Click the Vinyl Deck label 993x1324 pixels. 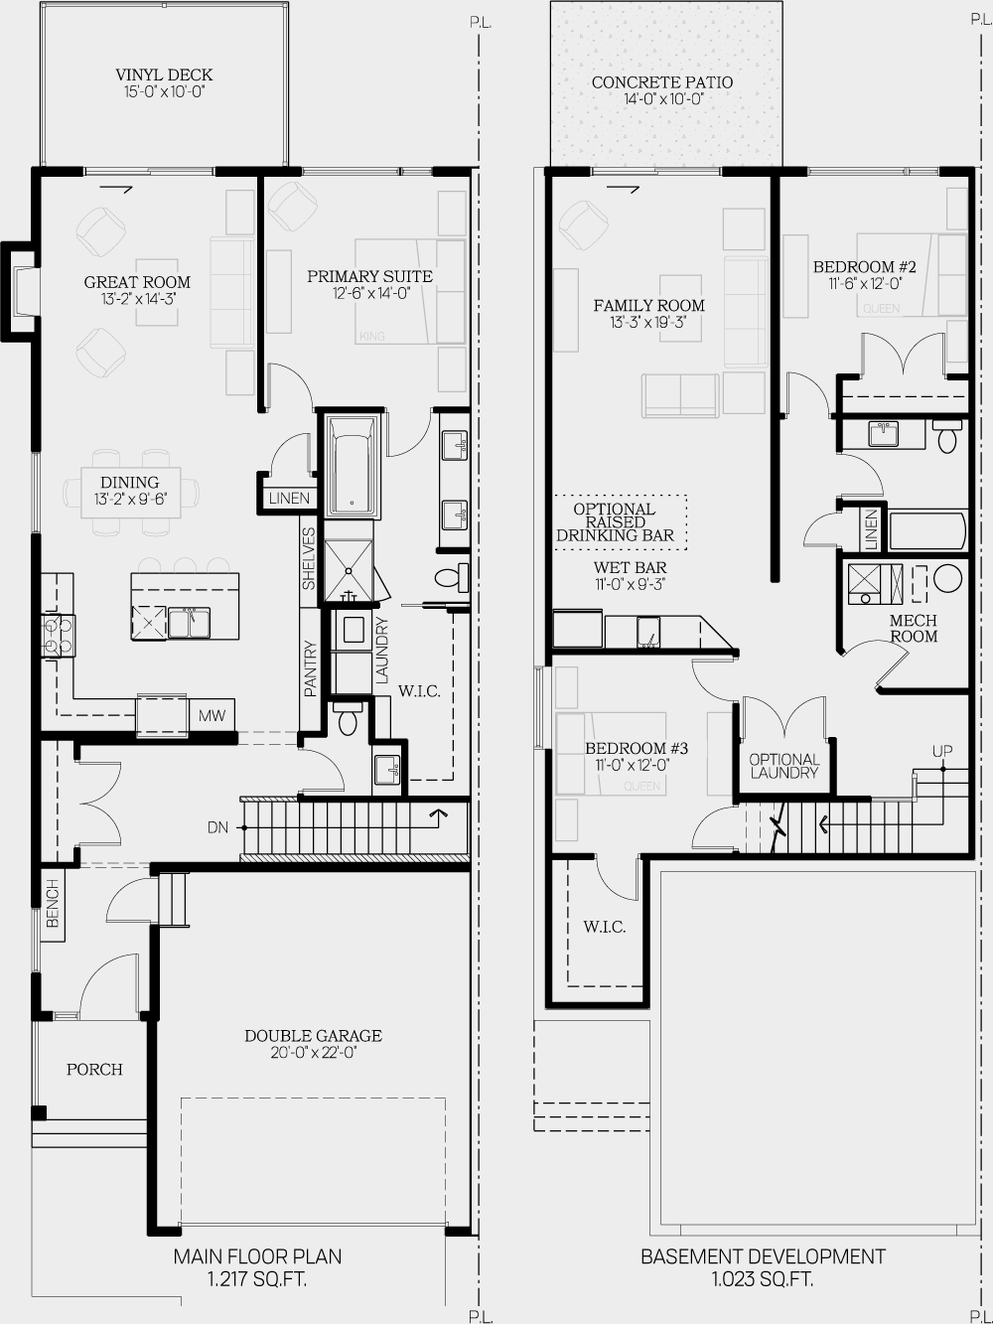pos(164,75)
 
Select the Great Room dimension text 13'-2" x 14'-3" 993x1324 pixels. pos(137,298)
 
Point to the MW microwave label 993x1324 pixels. pos(212,715)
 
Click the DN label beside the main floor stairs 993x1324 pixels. pos(218,826)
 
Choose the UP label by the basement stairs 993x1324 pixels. pos(942,751)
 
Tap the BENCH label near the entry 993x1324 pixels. pos(53,903)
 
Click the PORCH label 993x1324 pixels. pos(94,1070)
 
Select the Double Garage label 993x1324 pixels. pos(313,1036)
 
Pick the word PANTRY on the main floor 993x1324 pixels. pos(311,668)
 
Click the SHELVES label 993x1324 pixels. pos(309,559)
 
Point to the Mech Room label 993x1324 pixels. pos(914,628)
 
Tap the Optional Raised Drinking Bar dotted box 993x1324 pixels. pos(621,521)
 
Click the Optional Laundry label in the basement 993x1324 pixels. pos(784,766)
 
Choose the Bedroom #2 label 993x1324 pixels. pos(864,267)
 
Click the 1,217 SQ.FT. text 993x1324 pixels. pos(257,1279)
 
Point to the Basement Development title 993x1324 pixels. pos(763,1257)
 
